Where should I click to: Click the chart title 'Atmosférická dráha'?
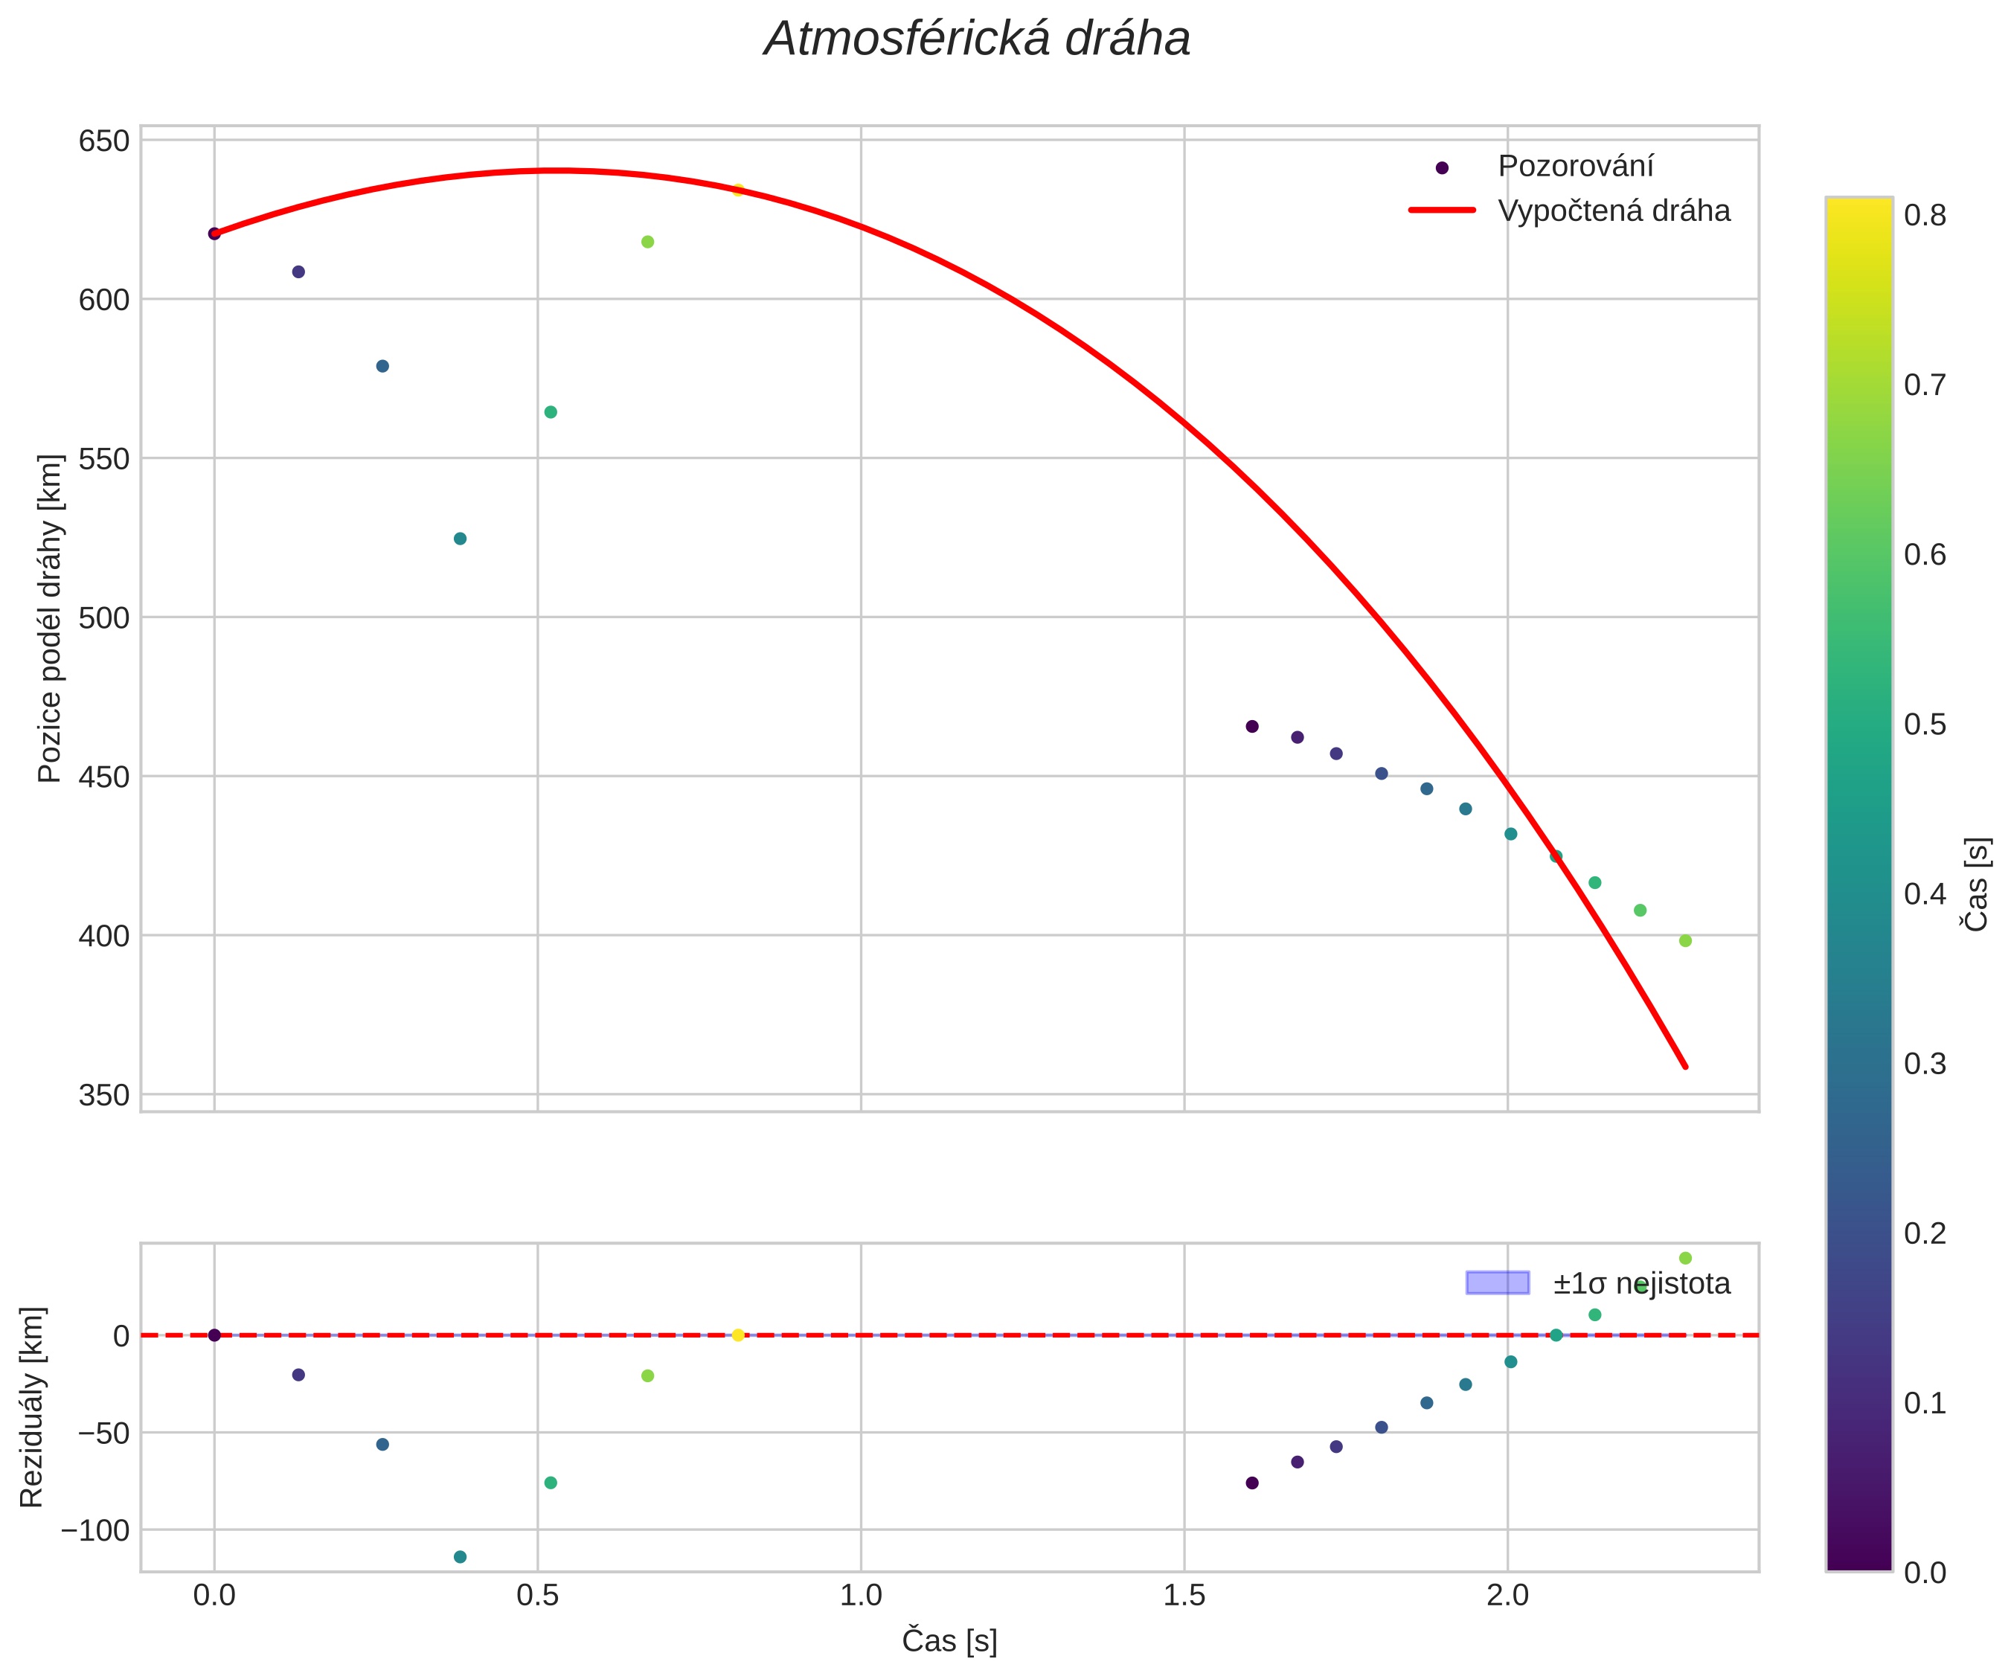click(x=977, y=40)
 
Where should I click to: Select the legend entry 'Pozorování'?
click(x=1575, y=166)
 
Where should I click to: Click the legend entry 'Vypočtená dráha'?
click(x=1614, y=211)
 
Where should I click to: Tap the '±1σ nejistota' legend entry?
click(x=1641, y=1283)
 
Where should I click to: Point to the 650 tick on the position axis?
click(x=103, y=141)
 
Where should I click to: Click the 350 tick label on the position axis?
click(x=103, y=1095)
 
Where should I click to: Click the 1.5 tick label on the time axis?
click(x=1184, y=1596)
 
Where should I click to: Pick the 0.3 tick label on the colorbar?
click(x=1925, y=1064)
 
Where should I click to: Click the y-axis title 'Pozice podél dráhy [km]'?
click(x=50, y=619)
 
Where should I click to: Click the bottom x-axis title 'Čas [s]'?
click(x=949, y=1640)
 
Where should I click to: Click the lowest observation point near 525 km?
click(x=460, y=539)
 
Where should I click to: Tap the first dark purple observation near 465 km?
click(x=1251, y=726)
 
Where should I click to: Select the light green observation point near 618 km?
click(x=647, y=241)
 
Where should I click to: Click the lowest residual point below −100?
click(x=460, y=1557)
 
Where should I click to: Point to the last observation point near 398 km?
click(x=1685, y=940)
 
